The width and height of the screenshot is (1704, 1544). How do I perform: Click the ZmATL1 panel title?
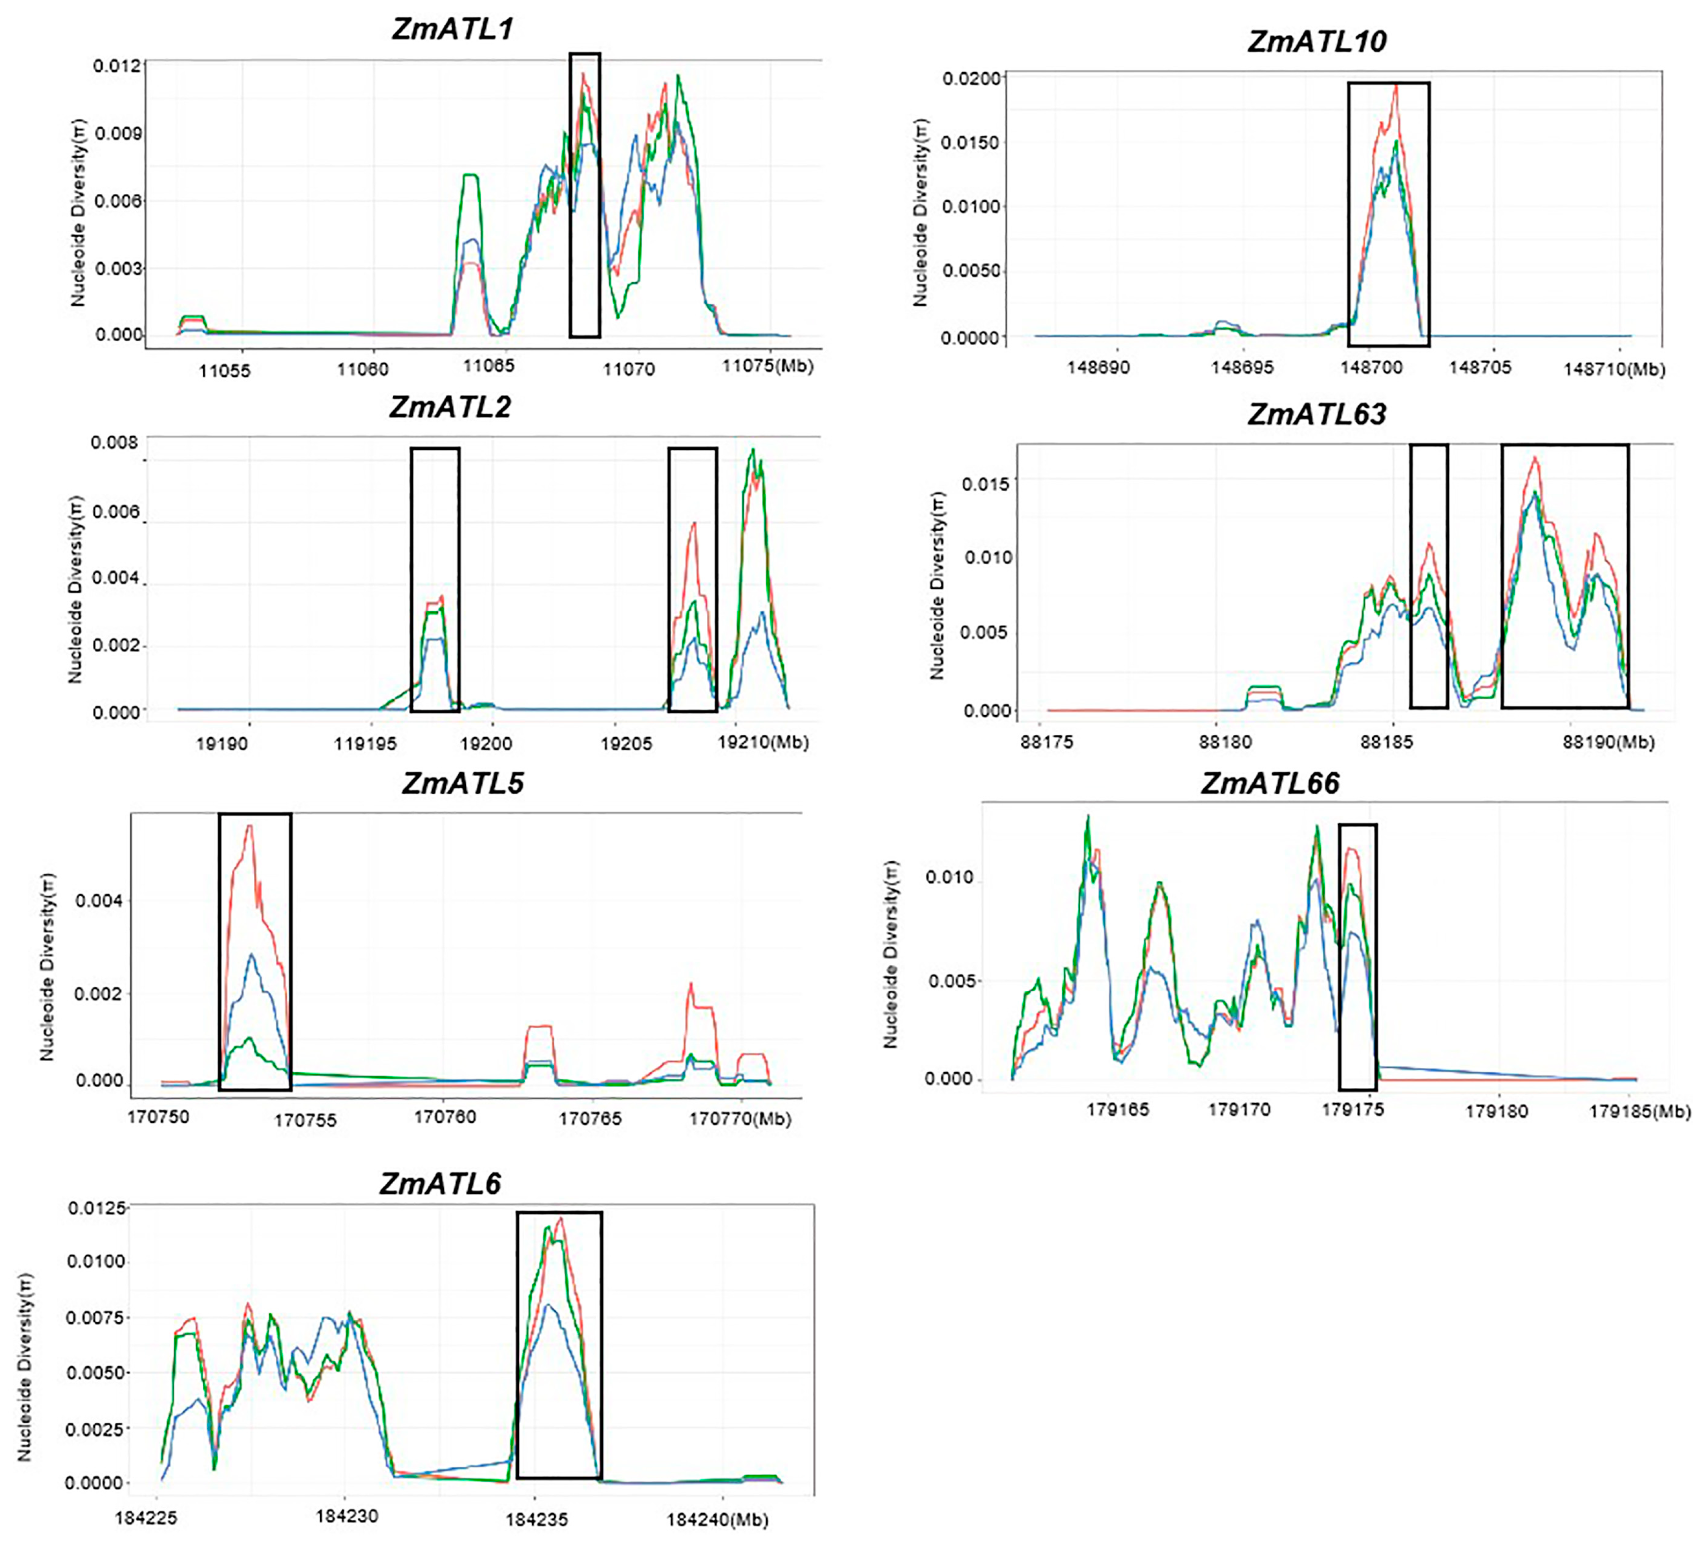[452, 30]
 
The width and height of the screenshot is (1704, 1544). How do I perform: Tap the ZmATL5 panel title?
[462, 783]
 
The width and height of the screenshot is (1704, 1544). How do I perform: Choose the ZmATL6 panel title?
[440, 1183]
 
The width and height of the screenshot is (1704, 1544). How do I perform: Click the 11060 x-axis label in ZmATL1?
[363, 370]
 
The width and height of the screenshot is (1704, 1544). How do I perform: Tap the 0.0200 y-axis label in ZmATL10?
[971, 79]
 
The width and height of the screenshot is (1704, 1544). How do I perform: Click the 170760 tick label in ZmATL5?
[445, 1117]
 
